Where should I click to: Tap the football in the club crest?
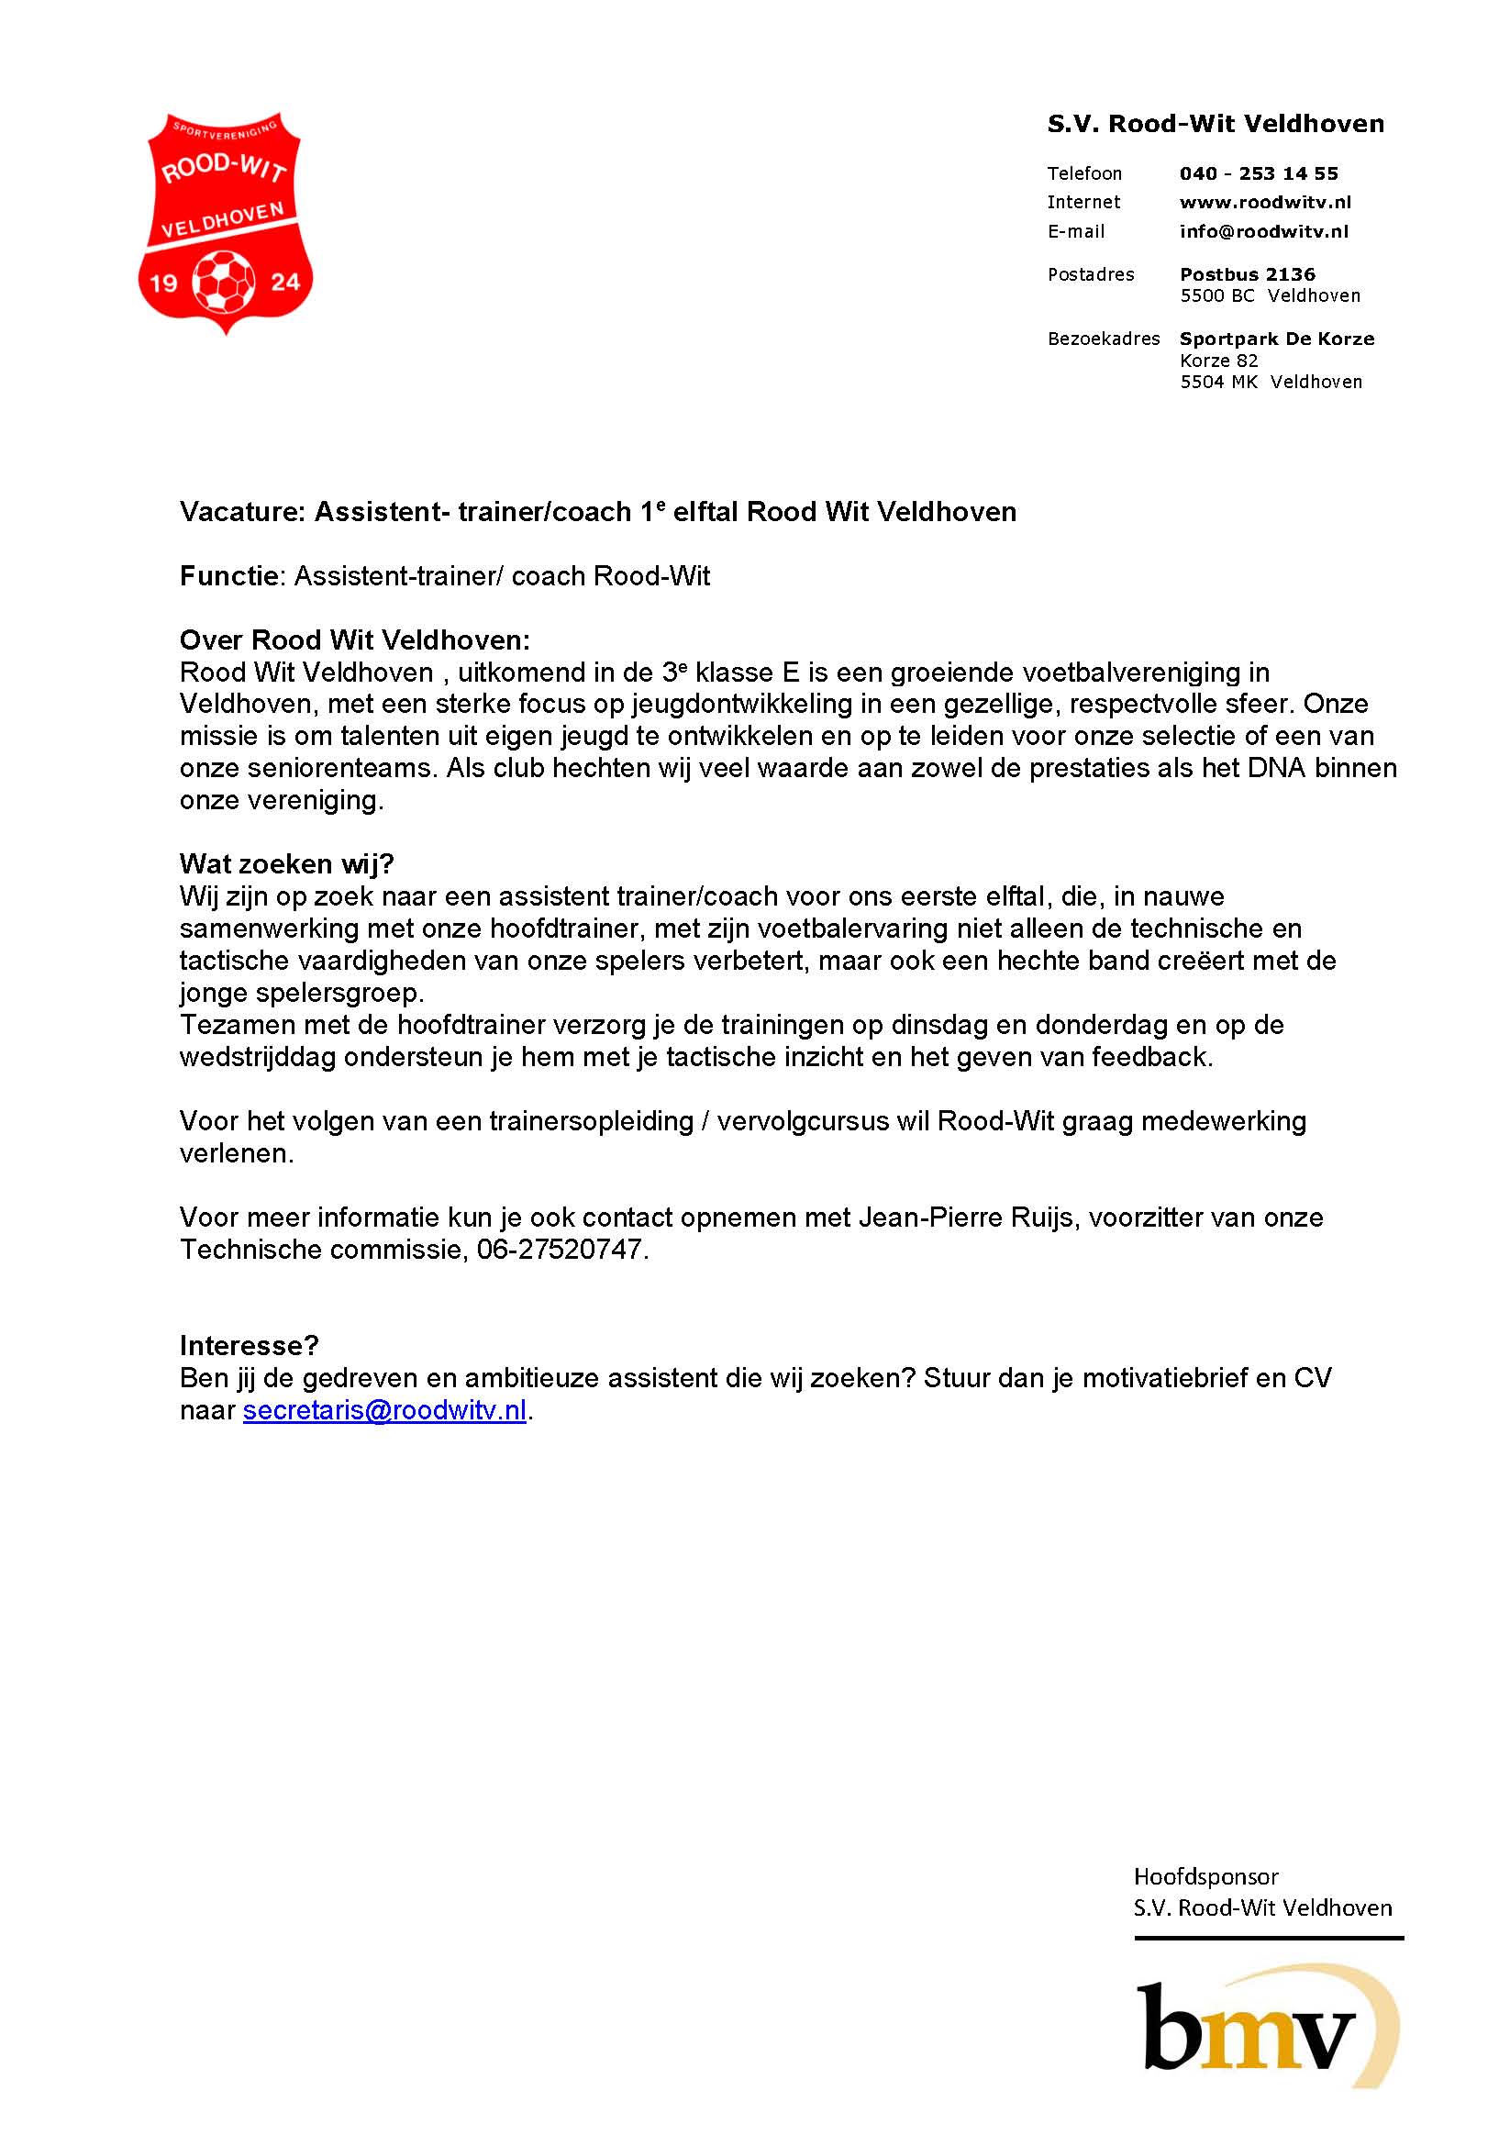click(x=223, y=279)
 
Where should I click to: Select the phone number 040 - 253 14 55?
click(x=1258, y=174)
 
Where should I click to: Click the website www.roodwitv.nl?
click(x=1264, y=203)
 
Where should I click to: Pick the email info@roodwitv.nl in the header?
click(x=1263, y=231)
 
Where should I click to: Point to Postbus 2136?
click(x=1247, y=274)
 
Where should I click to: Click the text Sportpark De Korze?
click(x=1277, y=339)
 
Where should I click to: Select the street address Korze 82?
click(x=1218, y=361)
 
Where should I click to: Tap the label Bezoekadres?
click(x=1103, y=339)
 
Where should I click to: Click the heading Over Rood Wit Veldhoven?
click(x=354, y=640)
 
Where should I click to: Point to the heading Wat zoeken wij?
click(x=286, y=864)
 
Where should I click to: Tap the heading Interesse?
click(x=250, y=1346)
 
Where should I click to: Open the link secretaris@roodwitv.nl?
click(x=384, y=1410)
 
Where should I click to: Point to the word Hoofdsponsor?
click(x=1206, y=1876)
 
